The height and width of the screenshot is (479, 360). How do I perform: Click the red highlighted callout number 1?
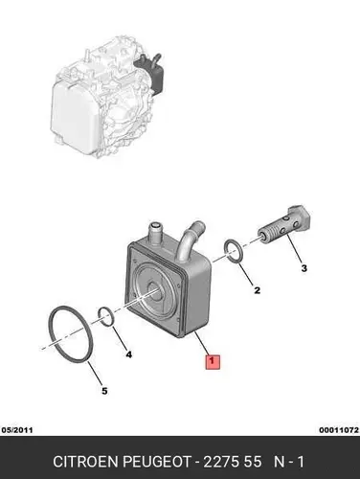pos(213,362)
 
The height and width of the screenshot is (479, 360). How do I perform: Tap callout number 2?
pos(257,290)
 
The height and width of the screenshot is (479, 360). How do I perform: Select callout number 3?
pos(304,268)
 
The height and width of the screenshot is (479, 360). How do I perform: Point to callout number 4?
pos(128,354)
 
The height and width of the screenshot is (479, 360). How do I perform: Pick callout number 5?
pos(104,391)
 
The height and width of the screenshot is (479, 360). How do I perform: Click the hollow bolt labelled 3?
pos(283,225)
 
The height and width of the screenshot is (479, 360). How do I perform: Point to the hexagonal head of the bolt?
pos(300,217)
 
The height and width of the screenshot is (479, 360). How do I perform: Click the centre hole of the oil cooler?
pos(156,291)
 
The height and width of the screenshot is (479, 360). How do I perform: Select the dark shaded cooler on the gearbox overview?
pos(152,73)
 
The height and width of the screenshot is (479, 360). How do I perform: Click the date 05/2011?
pos(17,430)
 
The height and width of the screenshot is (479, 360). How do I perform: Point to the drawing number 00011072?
pos(339,430)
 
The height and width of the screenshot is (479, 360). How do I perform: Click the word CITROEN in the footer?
pos(85,462)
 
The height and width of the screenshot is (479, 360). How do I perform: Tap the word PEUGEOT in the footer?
pos(156,462)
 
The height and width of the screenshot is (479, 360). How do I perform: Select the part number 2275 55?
pos(233,462)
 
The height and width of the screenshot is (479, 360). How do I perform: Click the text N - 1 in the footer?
pos(289,462)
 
